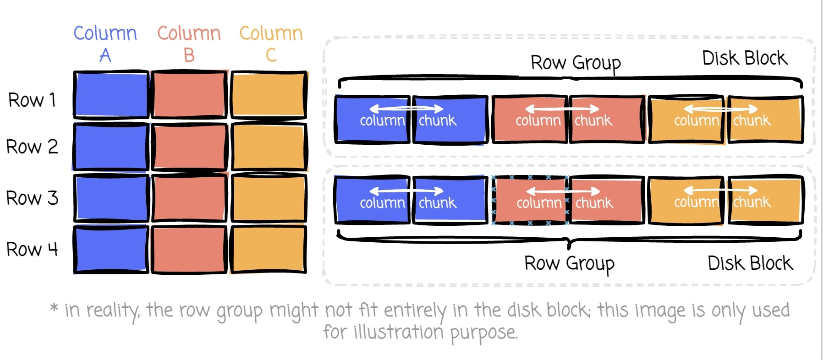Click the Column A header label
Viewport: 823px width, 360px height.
tap(105, 44)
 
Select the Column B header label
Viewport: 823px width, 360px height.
tap(189, 44)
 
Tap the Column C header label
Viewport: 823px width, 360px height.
tap(271, 44)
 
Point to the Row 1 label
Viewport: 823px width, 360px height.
tap(32, 100)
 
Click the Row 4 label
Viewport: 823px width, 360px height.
tap(32, 249)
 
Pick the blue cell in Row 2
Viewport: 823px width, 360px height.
tap(111, 147)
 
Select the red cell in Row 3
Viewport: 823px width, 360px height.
tap(189, 198)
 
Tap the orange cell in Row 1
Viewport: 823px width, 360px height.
tap(269, 94)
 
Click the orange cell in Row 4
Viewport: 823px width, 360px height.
tap(269, 249)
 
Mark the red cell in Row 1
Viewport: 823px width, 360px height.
tap(189, 94)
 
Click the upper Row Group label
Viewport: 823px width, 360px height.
tap(576, 63)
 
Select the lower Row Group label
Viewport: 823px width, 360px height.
tap(569, 264)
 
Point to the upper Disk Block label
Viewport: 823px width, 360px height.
tap(745, 58)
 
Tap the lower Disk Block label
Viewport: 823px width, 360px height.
tap(750, 263)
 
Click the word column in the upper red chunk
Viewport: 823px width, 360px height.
tap(538, 121)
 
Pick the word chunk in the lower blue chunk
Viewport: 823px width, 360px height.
tap(438, 202)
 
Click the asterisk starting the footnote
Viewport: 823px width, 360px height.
tap(54, 307)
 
